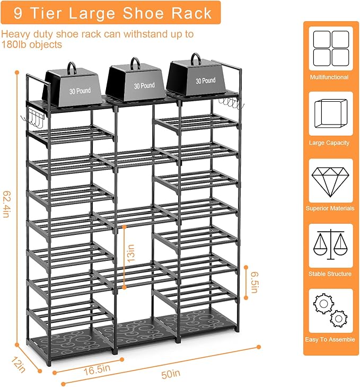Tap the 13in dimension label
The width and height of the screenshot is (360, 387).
[x=131, y=253]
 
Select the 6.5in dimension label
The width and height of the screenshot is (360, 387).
[x=254, y=282]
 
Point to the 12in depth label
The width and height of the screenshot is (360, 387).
[x=18, y=365]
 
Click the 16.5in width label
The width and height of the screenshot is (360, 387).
[x=96, y=370]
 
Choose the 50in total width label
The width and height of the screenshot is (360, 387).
[x=171, y=374]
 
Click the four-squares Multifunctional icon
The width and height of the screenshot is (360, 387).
[x=331, y=48]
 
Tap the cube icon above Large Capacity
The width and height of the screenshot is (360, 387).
[x=331, y=113]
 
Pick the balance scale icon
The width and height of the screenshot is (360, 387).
[x=330, y=244]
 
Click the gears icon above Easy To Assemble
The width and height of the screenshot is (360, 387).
[x=330, y=310]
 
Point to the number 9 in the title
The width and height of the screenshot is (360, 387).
[x=18, y=13]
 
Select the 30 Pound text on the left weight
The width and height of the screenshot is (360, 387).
[x=80, y=91]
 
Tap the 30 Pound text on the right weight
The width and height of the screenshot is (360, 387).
[x=205, y=81]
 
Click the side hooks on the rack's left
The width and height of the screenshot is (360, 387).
[x=32, y=119]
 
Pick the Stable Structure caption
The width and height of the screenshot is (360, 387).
[x=330, y=274]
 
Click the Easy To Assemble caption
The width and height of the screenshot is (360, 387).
[x=330, y=339]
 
